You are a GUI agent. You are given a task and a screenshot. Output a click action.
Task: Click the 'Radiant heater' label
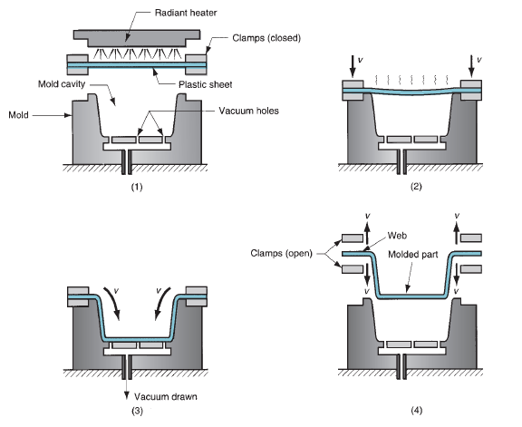click(186, 13)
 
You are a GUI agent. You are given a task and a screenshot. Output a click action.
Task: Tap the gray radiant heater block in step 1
click(137, 38)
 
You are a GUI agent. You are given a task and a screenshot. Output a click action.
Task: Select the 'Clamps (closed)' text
click(266, 38)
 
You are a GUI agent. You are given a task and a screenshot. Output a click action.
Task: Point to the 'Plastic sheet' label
click(205, 84)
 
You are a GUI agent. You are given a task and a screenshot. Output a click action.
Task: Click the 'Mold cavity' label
click(62, 84)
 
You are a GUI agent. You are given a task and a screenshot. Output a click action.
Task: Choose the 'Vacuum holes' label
click(248, 111)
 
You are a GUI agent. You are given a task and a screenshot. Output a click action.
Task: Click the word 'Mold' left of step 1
click(18, 115)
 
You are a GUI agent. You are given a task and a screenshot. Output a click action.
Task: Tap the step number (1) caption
click(137, 187)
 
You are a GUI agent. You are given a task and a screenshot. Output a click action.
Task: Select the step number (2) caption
click(416, 186)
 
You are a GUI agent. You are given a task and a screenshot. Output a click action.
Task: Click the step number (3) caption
click(137, 411)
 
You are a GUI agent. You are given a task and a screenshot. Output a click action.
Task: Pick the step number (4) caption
click(416, 410)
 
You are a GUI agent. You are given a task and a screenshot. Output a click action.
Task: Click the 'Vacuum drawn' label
click(166, 397)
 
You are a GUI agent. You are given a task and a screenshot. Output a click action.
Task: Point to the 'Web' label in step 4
click(397, 236)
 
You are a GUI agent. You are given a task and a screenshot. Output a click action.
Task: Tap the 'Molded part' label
click(413, 255)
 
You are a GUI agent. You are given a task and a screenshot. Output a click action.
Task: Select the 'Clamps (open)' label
click(281, 253)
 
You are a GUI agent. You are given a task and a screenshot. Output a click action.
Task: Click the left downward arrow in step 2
click(353, 66)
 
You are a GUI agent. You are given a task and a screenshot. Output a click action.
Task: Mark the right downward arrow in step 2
click(471, 66)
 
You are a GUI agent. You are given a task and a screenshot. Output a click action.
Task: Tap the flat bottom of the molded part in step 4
click(412, 296)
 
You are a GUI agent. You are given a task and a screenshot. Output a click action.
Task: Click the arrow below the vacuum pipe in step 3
click(126, 389)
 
